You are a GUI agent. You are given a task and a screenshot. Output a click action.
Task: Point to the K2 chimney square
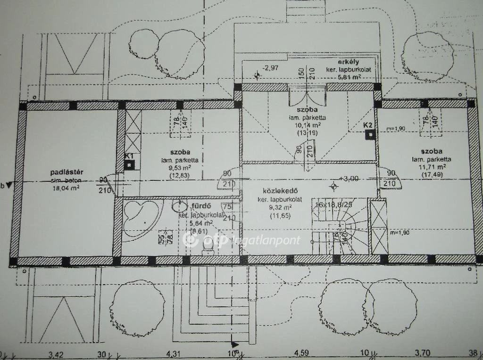click(372, 134)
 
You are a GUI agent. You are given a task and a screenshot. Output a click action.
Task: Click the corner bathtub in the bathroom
click(140, 217)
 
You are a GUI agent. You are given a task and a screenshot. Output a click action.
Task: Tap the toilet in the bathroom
click(206, 250)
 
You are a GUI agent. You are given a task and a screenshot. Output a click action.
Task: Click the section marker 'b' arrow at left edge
click(7, 185)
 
